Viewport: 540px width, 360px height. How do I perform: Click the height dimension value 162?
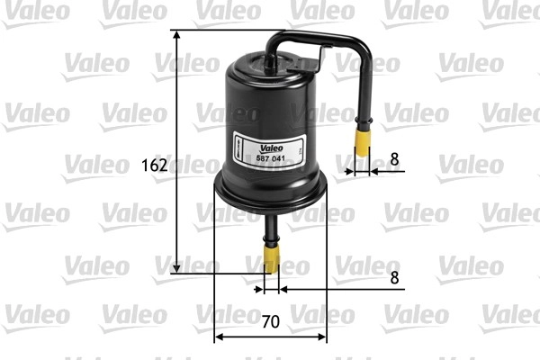tap(155, 166)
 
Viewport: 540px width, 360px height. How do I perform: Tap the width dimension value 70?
tap(270, 322)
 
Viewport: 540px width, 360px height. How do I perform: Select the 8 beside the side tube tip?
tap(394, 159)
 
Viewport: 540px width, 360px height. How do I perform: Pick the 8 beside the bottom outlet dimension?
tap(394, 277)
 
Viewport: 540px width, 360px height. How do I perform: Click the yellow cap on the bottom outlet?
tap(272, 258)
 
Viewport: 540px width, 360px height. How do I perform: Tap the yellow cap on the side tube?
tap(363, 142)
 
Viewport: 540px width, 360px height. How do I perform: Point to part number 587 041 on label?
tap(270, 158)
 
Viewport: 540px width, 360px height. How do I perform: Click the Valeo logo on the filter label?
tap(272, 148)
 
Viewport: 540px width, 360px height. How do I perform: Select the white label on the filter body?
tap(269, 150)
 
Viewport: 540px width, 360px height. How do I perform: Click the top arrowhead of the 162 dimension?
tap(176, 34)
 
